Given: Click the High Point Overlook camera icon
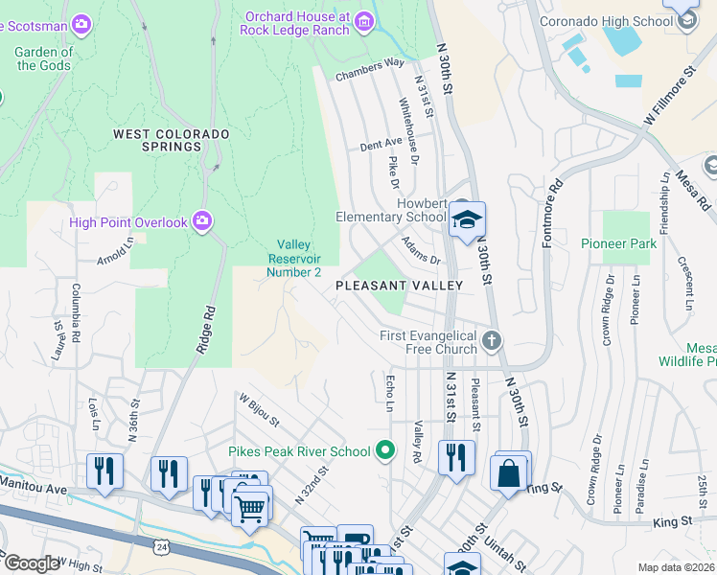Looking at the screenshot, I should tap(201, 222).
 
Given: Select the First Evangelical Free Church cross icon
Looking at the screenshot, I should tap(492, 340).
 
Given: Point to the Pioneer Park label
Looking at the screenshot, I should tap(619, 243).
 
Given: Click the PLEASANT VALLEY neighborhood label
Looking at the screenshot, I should tap(399, 286).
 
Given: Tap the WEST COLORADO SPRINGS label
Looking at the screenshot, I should tap(158, 140).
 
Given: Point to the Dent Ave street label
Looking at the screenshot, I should tap(381, 144).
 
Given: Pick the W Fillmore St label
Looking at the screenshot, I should tap(668, 97).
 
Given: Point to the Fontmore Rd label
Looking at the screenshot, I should tap(551, 213).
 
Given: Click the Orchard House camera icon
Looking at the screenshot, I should tap(363, 21).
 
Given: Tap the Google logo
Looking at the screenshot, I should tap(32, 563).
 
